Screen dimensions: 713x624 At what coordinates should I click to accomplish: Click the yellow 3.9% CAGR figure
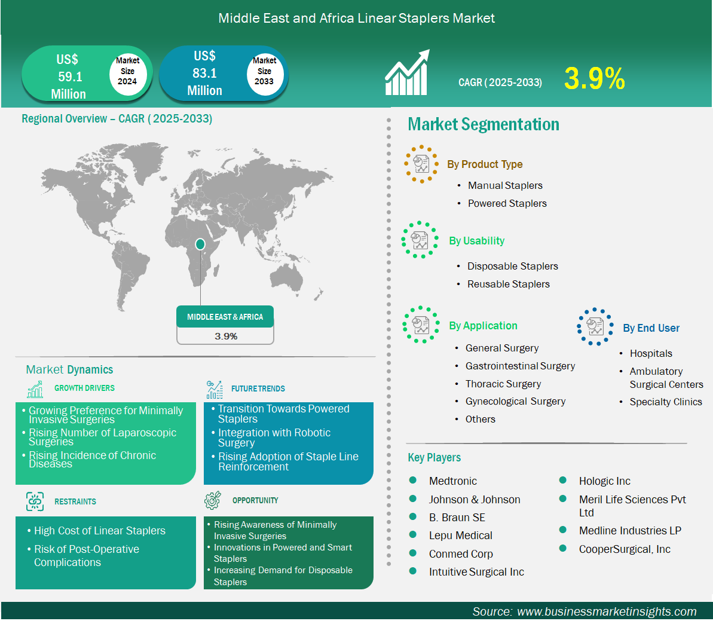(x=595, y=78)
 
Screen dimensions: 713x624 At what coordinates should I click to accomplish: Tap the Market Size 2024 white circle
(x=128, y=71)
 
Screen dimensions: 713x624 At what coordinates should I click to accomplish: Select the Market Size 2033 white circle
(x=265, y=71)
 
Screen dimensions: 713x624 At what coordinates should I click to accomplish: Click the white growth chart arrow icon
(x=407, y=72)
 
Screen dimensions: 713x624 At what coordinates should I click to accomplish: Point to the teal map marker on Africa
(x=200, y=244)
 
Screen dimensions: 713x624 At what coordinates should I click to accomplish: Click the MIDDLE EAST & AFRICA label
(x=225, y=317)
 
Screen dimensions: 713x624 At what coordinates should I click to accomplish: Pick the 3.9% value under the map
(x=226, y=337)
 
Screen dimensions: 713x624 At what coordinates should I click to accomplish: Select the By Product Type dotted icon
(x=421, y=164)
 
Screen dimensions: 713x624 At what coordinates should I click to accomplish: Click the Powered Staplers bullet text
(x=507, y=203)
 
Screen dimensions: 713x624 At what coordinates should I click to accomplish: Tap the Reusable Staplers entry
(x=509, y=285)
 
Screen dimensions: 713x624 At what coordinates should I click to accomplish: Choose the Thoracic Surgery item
(x=503, y=384)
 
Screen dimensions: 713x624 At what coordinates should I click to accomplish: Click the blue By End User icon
(x=595, y=326)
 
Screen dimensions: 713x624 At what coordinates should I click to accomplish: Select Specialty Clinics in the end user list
(x=666, y=402)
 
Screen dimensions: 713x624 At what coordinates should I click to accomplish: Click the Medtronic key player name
(x=453, y=481)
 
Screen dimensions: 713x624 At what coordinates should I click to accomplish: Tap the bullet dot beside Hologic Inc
(x=562, y=481)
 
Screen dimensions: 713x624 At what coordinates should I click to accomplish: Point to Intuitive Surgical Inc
(x=476, y=572)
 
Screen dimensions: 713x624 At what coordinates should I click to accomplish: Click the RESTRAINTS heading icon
(x=35, y=501)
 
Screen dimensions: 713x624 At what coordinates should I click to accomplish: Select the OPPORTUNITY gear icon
(x=213, y=500)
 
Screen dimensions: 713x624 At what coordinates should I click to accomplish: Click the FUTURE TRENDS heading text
(x=258, y=389)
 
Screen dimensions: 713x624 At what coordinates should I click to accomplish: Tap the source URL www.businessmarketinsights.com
(x=607, y=611)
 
